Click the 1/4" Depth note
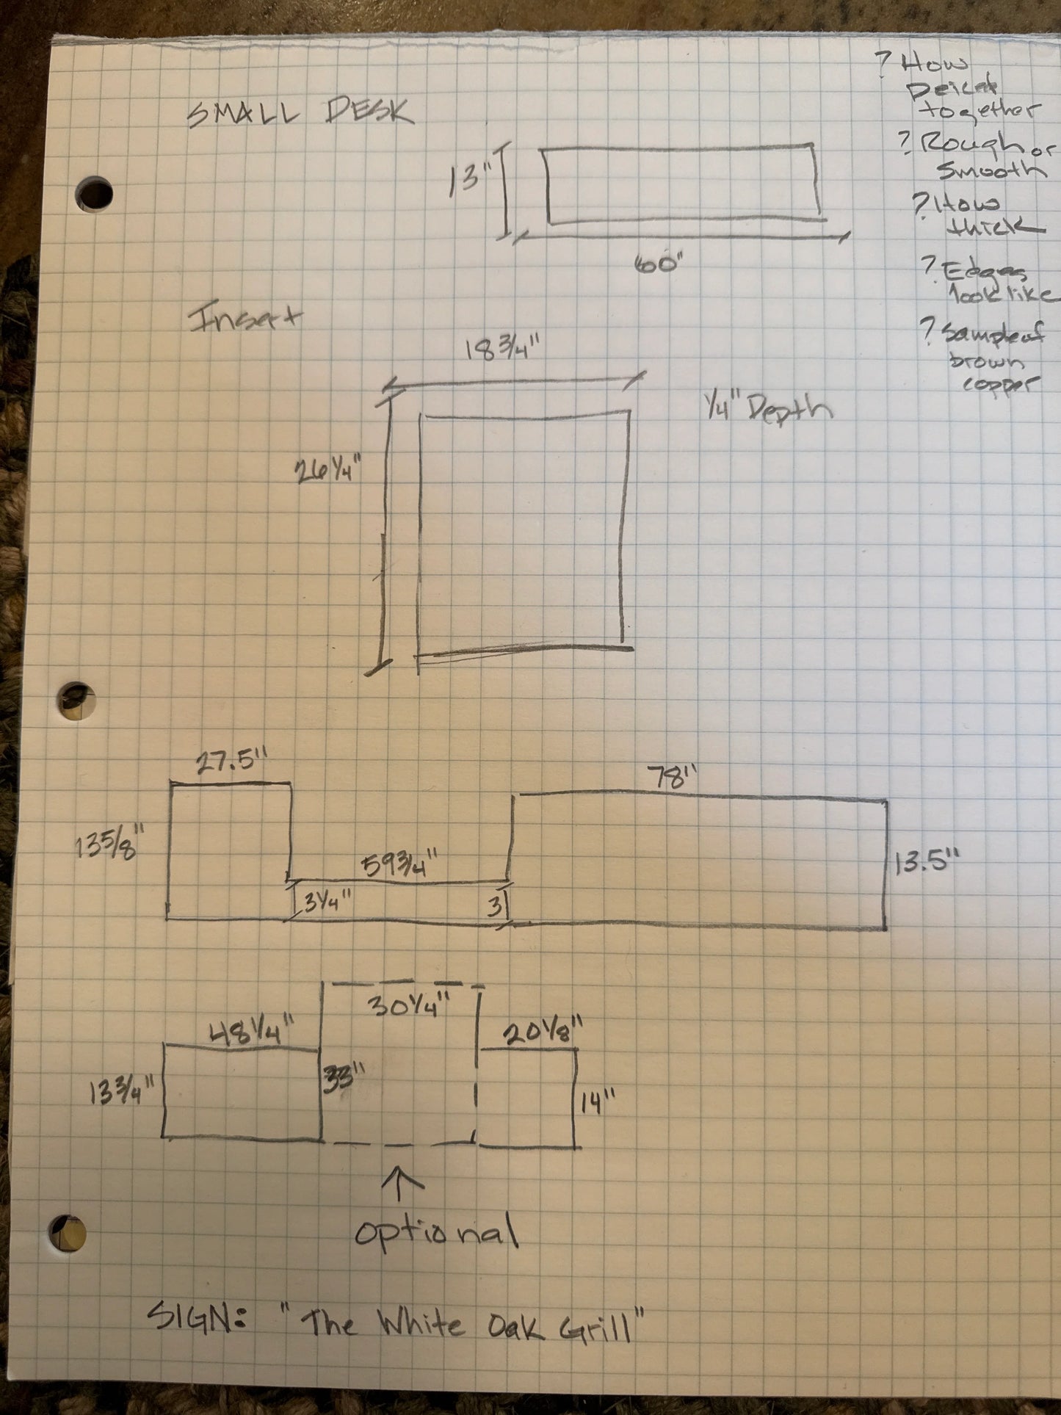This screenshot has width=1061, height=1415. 767,408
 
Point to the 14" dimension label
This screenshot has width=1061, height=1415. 597,1102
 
